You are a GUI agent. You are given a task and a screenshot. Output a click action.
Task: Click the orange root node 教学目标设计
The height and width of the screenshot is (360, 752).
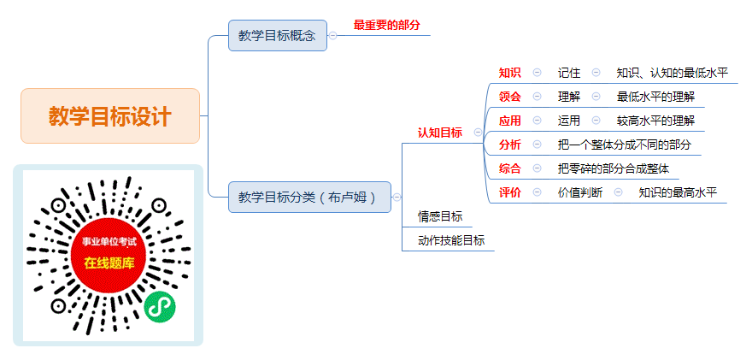point(110,115)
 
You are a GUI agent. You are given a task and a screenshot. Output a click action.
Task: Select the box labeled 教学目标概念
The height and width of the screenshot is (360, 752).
point(278,36)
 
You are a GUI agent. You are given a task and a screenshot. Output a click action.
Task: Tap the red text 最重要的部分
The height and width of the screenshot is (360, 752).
point(386,26)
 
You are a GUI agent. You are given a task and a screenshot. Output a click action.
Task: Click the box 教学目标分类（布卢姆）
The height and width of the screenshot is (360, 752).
point(310,197)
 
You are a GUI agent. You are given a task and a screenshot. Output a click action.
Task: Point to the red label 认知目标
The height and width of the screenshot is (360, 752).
point(440,133)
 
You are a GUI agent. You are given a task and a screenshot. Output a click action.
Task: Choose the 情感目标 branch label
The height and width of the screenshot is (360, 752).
point(440,216)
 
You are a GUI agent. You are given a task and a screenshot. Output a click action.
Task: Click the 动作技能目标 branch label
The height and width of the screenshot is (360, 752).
point(451,240)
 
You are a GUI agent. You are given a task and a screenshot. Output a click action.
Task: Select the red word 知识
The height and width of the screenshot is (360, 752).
point(510,73)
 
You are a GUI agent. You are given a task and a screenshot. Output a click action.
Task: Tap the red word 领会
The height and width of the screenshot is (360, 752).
point(510,97)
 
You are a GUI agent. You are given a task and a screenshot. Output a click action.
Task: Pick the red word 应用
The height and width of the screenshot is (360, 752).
point(510,121)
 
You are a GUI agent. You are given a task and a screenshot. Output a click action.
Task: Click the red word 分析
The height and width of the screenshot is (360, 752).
point(510,145)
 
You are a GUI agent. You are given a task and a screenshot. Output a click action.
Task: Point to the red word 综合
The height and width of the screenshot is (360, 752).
point(510,168)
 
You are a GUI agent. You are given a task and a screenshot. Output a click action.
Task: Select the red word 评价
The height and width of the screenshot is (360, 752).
point(510,192)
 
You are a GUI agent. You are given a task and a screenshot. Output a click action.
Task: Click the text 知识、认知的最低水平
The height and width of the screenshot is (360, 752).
point(673,73)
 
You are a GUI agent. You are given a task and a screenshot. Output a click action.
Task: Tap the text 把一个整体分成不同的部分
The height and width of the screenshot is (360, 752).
point(625,145)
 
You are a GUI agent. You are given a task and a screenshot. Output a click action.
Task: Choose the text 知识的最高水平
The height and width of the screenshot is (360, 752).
point(678,192)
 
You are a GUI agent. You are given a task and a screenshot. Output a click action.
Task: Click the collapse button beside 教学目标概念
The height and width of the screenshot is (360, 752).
point(332,36)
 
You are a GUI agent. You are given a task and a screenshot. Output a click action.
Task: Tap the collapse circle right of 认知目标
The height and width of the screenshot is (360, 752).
point(478,133)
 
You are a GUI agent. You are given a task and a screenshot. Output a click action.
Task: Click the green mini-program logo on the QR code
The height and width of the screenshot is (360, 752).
point(160,307)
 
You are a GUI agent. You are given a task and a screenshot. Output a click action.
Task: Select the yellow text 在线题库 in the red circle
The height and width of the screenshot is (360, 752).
point(109,263)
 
